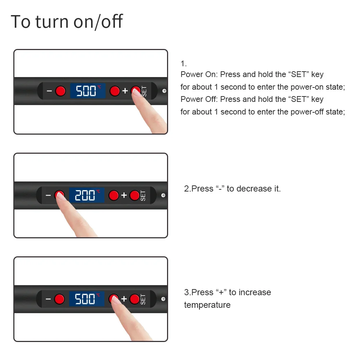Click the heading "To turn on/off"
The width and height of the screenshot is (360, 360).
tap(67, 21)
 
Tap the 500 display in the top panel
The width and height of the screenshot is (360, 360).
tap(88, 91)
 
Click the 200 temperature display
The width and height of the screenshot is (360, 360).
tap(87, 195)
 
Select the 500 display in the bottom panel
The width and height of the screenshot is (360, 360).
tap(87, 299)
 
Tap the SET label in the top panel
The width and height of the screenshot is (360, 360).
tap(144, 91)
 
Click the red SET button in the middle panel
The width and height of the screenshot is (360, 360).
tap(135, 195)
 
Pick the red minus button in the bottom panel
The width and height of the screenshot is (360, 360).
tap(59, 299)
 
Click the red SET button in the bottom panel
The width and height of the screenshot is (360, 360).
tap(135, 299)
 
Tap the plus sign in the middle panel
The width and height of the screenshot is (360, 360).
tap(124, 195)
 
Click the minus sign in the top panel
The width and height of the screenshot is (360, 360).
tap(49, 91)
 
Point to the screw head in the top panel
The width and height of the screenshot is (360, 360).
tap(165, 91)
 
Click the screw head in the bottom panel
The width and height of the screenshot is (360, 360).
tap(163, 299)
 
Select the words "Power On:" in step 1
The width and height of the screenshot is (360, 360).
tap(199, 75)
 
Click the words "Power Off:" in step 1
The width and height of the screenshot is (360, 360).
tap(199, 99)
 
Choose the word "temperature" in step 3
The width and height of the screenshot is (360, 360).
tap(207, 305)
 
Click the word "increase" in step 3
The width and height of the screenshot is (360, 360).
tap(255, 292)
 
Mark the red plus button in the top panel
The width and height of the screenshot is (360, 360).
tap(114, 91)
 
